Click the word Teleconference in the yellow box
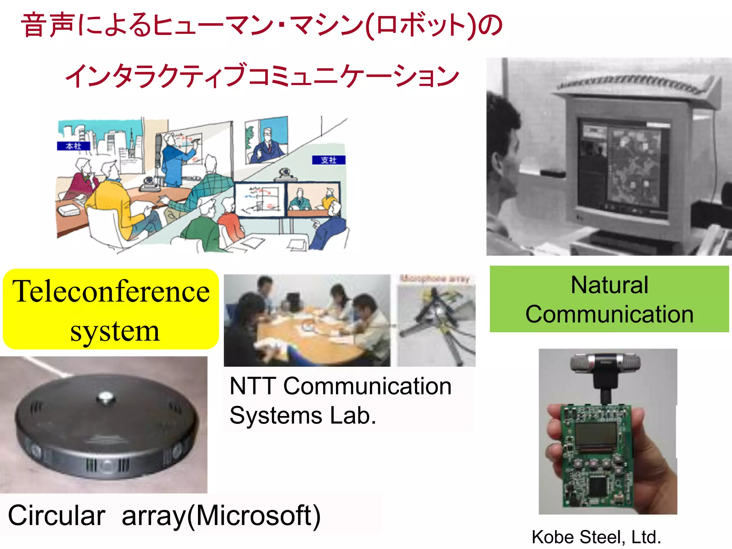point(111,291)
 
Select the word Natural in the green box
point(609,285)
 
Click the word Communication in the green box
point(609,314)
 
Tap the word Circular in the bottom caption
point(56,515)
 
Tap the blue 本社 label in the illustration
point(73,146)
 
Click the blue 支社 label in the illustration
point(328,160)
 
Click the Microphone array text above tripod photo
point(435,278)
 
